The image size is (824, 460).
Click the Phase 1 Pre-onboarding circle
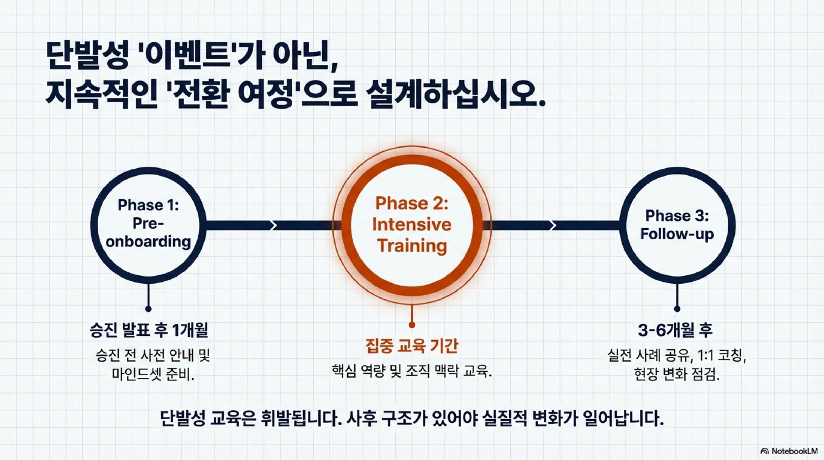(x=148, y=225)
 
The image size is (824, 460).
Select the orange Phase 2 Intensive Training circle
(x=412, y=225)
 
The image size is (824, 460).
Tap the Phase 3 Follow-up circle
(x=677, y=225)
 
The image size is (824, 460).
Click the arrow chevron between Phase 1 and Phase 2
(x=272, y=225)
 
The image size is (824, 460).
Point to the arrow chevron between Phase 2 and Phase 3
(x=553, y=225)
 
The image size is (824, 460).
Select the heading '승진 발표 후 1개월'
(x=148, y=330)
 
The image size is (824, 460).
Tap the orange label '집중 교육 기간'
(x=412, y=346)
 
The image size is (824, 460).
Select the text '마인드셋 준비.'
(x=153, y=374)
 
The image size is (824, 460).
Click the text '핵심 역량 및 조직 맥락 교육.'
(x=412, y=371)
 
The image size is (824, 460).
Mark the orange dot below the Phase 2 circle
(x=412, y=325)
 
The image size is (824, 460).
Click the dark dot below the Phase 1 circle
(x=148, y=308)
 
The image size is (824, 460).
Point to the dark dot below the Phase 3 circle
(x=677, y=308)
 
